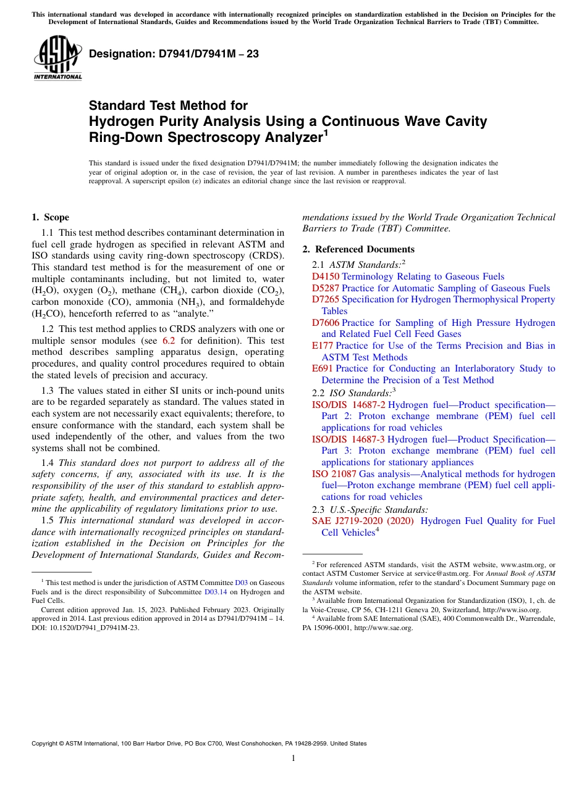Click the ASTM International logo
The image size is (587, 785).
(x=57, y=59)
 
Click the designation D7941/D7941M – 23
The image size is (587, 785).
(x=174, y=54)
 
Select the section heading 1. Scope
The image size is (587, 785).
(x=50, y=217)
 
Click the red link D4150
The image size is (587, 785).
(x=326, y=276)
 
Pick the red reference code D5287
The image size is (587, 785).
(x=326, y=288)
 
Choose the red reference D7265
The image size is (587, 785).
(x=326, y=299)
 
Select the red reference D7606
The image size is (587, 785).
(x=326, y=323)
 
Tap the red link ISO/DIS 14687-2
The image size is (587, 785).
(x=348, y=405)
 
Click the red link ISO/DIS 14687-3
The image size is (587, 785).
(x=348, y=439)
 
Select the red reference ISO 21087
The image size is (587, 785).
(x=334, y=474)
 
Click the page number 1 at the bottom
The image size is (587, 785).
(x=293, y=758)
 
